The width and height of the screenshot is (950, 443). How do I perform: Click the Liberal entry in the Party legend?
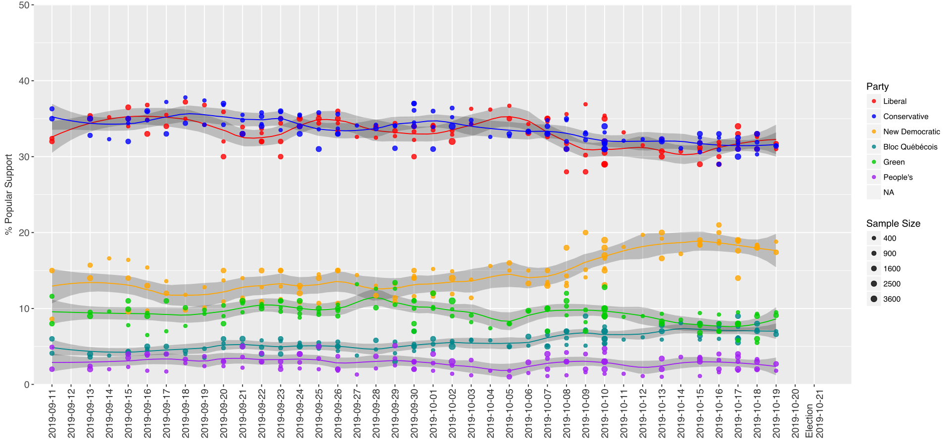pos(895,101)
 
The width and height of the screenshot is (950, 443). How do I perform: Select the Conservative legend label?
pos(905,117)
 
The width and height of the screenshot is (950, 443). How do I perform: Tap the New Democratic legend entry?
pos(911,132)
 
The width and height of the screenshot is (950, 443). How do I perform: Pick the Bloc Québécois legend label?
pos(910,147)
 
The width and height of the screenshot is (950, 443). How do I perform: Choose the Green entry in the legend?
pos(894,162)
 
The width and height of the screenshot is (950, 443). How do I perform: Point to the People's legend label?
pos(898,177)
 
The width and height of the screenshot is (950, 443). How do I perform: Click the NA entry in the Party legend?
pos(889,192)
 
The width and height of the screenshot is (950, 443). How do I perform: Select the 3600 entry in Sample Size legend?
pos(892,299)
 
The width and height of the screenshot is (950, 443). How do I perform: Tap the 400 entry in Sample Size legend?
pos(890,238)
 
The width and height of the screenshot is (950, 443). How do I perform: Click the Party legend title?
pos(877,87)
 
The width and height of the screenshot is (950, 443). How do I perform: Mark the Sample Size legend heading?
pos(893,223)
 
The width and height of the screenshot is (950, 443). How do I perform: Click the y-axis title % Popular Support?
pos(8,194)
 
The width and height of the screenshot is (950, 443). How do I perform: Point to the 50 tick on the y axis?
pos(24,5)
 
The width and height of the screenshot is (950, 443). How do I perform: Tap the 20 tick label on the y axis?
pos(24,232)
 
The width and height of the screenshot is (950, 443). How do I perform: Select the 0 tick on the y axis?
pos(27,384)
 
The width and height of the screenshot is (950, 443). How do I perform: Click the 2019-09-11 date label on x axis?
pos(52,413)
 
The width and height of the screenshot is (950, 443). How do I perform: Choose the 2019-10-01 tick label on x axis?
pos(433,413)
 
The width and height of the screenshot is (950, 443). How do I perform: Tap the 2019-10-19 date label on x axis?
pos(776,413)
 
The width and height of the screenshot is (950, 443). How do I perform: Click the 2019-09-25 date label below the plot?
pos(319,413)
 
